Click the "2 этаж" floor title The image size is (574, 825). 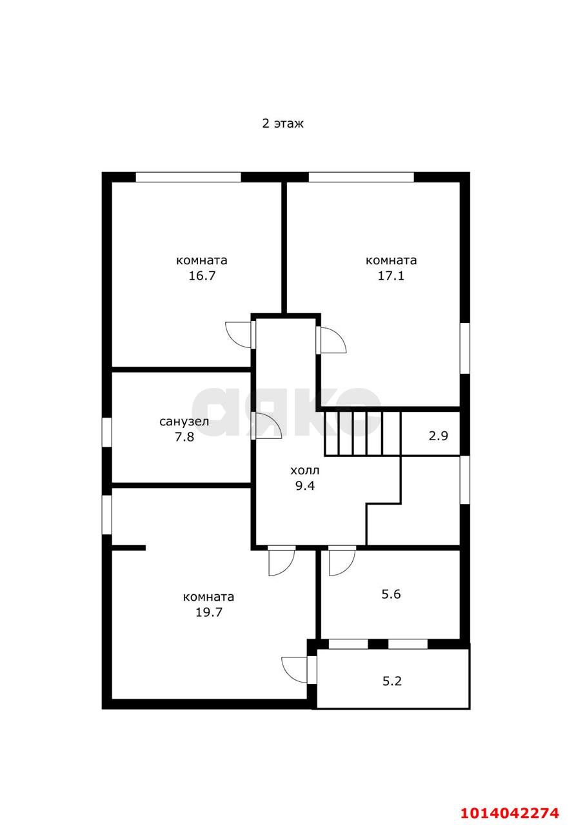[282, 123]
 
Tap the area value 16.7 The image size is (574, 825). [202, 276]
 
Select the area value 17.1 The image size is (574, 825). [391, 276]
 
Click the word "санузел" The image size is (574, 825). [184, 422]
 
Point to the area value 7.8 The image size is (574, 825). [184, 437]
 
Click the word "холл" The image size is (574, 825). [304, 471]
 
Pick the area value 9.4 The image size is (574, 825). [305, 486]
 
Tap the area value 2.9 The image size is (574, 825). [439, 436]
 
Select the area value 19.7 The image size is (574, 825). [209, 612]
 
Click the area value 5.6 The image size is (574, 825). [391, 594]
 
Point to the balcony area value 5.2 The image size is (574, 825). [391, 681]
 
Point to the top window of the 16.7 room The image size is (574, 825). [188, 177]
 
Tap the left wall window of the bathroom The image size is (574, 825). [107, 432]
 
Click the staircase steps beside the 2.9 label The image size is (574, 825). [362, 433]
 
